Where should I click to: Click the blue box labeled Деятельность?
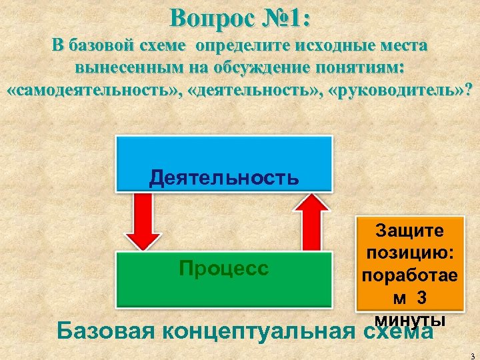224,163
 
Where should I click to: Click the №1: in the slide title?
284,18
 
